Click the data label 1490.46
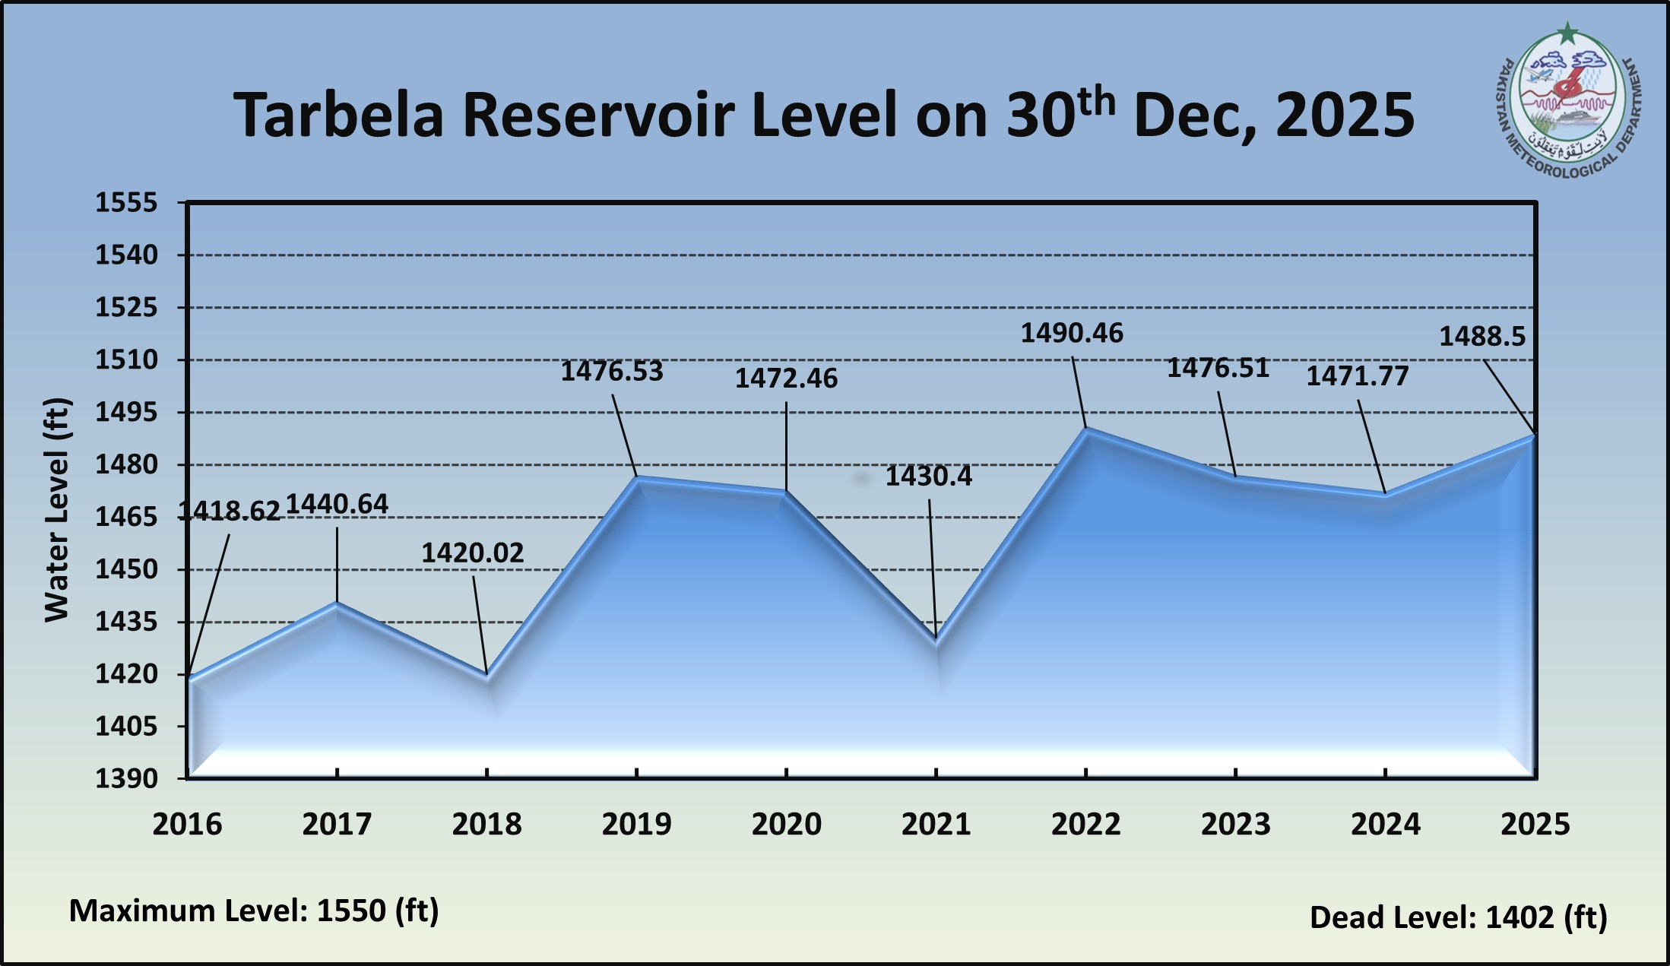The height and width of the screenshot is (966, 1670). point(1071,334)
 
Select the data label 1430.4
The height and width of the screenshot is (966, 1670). point(928,477)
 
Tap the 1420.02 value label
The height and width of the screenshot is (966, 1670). point(473,553)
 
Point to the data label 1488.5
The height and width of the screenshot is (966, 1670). point(1481,337)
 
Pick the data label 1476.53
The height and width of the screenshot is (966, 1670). point(612,372)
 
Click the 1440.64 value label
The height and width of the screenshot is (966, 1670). point(337,504)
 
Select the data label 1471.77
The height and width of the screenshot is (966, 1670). point(1358,376)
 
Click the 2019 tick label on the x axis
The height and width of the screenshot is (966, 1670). point(636,825)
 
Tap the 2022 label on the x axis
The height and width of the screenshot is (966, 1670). point(1085,825)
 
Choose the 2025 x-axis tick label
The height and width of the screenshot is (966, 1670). point(1535,825)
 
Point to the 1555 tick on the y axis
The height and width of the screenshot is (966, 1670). point(126,203)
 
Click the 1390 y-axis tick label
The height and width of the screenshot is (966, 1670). point(126,778)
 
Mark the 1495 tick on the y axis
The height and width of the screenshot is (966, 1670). point(126,413)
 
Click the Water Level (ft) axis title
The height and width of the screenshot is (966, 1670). point(57,509)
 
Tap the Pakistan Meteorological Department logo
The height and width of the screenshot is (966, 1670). point(1569,106)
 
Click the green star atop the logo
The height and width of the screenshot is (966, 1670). point(1567,33)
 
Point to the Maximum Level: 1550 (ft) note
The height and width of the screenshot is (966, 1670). point(254,911)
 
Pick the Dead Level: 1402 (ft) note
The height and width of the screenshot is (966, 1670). point(1458,917)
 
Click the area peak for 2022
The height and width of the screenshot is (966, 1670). point(1086,429)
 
